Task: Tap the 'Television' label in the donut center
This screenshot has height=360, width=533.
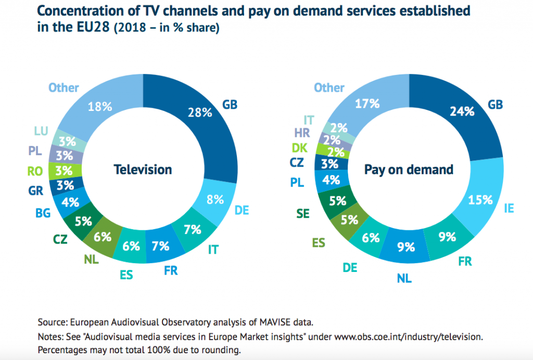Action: (x=143, y=169)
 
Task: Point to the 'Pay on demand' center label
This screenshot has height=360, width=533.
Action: (x=409, y=169)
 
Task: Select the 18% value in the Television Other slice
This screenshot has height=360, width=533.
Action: (x=100, y=106)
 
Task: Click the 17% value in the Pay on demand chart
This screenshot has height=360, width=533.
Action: (x=367, y=104)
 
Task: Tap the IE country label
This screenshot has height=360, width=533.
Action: (x=509, y=208)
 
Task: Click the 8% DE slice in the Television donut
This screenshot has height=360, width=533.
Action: (x=215, y=198)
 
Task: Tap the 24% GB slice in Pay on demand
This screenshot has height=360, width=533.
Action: (x=462, y=110)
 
